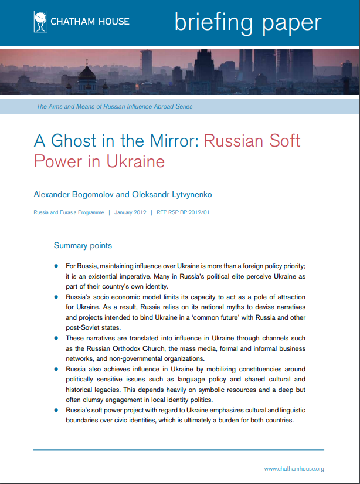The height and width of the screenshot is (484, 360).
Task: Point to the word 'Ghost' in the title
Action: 77,141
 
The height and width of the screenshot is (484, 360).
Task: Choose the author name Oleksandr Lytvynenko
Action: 172,194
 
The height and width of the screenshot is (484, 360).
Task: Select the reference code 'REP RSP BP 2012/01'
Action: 182,212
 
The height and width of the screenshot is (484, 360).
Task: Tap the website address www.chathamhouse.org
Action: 294,468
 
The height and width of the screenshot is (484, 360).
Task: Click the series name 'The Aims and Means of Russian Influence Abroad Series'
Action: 114,107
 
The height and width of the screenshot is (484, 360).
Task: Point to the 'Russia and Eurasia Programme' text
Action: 69,212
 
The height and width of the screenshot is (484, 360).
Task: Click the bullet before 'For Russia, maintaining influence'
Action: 56,266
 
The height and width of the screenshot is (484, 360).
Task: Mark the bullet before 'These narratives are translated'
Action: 56,339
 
